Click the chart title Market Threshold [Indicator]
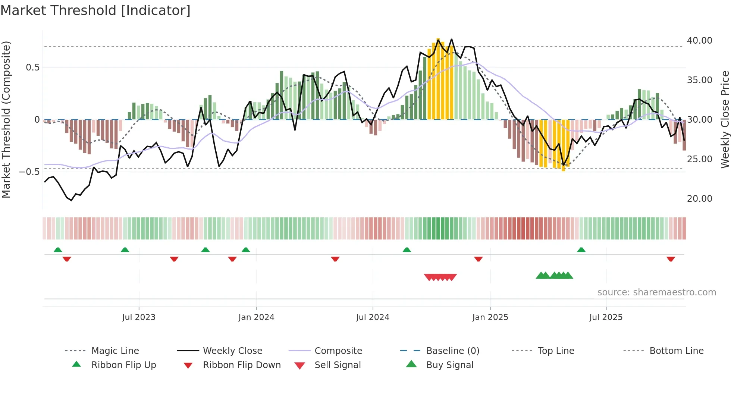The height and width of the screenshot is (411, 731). pyautogui.click(x=95, y=10)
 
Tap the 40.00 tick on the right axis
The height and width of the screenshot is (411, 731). pyautogui.click(x=699, y=41)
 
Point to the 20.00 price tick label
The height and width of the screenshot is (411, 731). pyautogui.click(x=699, y=199)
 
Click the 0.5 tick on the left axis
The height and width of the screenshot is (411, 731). pyautogui.click(x=32, y=68)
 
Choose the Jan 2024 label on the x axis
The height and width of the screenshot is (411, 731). pyautogui.click(x=256, y=317)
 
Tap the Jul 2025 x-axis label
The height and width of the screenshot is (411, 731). pyautogui.click(x=606, y=317)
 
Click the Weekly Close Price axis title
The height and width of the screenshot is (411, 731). pyautogui.click(x=725, y=119)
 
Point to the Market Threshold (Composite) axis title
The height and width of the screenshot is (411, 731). pyautogui.click(x=6, y=119)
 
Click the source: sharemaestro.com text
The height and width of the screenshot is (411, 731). pyautogui.click(x=656, y=292)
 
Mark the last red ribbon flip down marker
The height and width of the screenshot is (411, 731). pyautogui.click(x=671, y=259)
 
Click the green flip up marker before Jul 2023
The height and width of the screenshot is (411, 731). pyautogui.click(x=125, y=250)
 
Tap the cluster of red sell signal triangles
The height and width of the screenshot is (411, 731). pyautogui.click(x=440, y=277)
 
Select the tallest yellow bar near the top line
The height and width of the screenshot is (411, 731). pyautogui.click(x=438, y=78)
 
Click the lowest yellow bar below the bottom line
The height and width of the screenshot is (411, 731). pyautogui.click(x=563, y=145)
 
